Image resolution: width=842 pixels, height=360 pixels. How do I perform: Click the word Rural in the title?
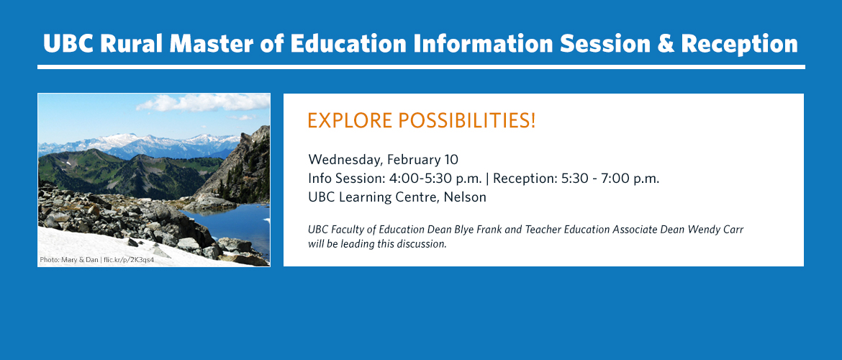click(x=132, y=43)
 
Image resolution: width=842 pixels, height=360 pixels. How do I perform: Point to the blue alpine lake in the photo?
click(x=231, y=225)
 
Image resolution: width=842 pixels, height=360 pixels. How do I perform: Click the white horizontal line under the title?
click(x=421, y=67)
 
